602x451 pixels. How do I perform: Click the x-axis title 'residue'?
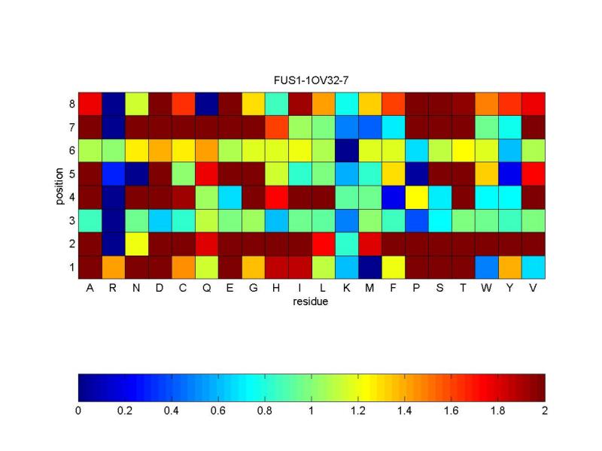tap(312, 302)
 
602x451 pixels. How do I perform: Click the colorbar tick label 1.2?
tap(358, 410)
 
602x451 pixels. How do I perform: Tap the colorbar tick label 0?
tap(78, 410)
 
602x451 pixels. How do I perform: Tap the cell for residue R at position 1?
tap(113, 267)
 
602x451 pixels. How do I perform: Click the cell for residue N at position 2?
tap(136, 244)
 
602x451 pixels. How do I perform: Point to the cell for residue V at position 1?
tap(534, 267)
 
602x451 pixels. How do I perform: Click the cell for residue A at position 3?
tap(90, 220)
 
